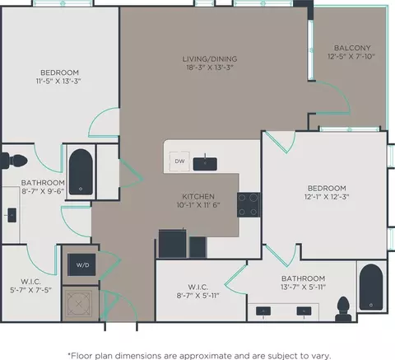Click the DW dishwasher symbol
[179, 161]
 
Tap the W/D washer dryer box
[81, 264]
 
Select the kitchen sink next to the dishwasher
[205, 164]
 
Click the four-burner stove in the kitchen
[249, 205]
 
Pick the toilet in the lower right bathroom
[343, 309]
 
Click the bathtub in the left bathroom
[81, 172]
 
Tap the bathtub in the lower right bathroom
[371, 288]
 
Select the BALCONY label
[352, 48]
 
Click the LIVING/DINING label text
[210, 58]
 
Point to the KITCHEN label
[198, 196]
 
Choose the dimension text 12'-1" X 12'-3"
[327, 197]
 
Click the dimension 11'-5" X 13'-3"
[58, 81]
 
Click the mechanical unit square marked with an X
[79, 304]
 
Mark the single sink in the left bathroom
[12, 215]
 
